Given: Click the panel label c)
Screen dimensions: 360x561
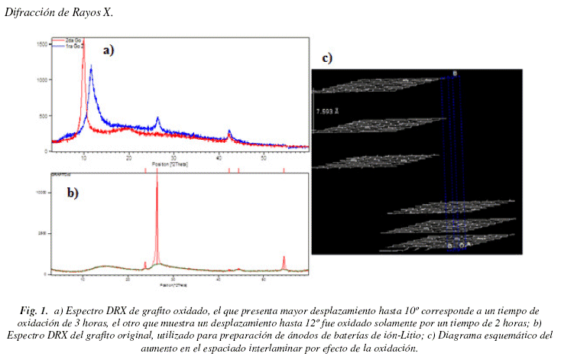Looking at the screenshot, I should click(326, 58).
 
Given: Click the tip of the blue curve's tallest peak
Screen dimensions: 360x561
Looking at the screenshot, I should click(91, 68).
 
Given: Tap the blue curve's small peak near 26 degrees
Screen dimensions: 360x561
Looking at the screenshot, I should click(157, 118).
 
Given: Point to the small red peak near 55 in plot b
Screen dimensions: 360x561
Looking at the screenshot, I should click(284, 258).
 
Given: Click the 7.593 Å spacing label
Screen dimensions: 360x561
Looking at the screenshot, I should click(328, 110).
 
